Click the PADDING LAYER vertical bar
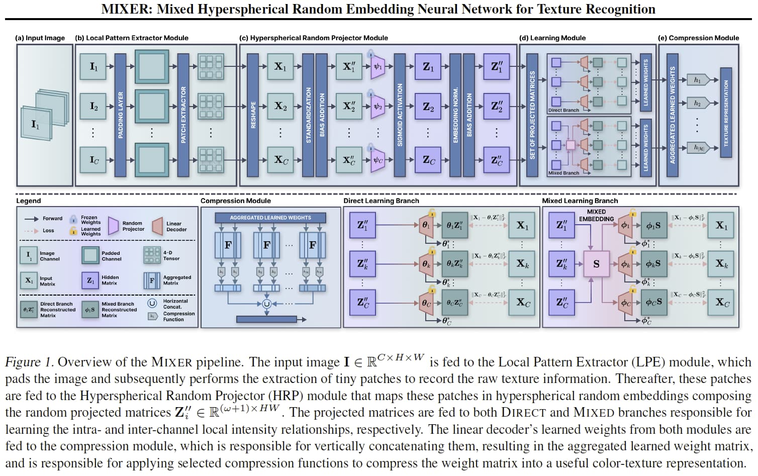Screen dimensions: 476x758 coord(120,115)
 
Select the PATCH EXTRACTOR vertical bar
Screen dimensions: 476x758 coord(183,115)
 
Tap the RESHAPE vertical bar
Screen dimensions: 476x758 coord(253,115)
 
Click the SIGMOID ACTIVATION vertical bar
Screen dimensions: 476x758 coord(400,115)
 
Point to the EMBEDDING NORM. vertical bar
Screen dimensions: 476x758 coord(455,115)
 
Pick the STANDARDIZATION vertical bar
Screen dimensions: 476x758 coord(308,115)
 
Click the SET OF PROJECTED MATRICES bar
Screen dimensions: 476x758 coord(532,115)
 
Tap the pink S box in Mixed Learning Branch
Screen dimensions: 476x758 coord(596,264)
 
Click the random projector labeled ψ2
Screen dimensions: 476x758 coord(377,107)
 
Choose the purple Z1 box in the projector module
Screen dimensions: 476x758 coord(428,67)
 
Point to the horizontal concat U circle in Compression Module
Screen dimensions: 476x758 coord(266,304)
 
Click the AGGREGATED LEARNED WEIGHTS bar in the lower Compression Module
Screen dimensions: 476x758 coord(270,218)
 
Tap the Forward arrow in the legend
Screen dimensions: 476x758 coord(32,219)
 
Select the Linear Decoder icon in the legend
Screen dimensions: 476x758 coord(158,226)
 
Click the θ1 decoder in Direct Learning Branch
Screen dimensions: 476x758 coord(426,226)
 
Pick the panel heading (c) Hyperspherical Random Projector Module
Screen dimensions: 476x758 coord(314,38)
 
